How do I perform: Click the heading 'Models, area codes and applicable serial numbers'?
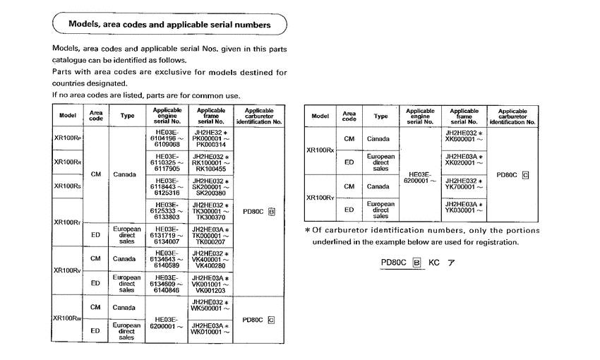pyautogui.click(x=169, y=24)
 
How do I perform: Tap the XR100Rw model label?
pyautogui.click(x=68, y=318)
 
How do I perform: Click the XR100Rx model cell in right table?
pyautogui.click(x=320, y=150)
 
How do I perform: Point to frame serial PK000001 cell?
pyautogui.click(x=212, y=138)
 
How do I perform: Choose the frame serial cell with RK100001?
pyautogui.click(x=212, y=162)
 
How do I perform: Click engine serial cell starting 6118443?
pyautogui.click(x=168, y=186)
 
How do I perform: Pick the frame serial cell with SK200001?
pyautogui.click(x=212, y=186)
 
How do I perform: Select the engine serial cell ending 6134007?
pyautogui.click(x=168, y=236)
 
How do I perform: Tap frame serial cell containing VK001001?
pyautogui.click(x=212, y=284)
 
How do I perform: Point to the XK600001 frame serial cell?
pyautogui.click(x=464, y=138)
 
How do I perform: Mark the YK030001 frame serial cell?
pyautogui.click(x=464, y=210)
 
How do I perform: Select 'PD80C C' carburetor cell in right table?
pyautogui.click(x=512, y=174)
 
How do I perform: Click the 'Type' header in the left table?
pyautogui.click(x=127, y=114)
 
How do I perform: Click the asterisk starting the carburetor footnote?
pyautogui.click(x=307, y=231)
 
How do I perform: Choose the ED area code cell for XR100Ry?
pyautogui.click(x=349, y=210)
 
